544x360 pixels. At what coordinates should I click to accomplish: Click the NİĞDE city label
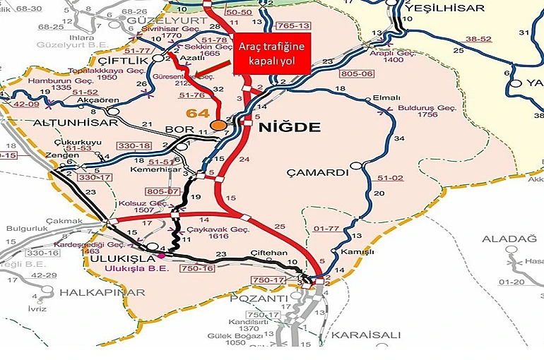point(290,128)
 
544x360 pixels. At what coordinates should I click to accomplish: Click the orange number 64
point(197,113)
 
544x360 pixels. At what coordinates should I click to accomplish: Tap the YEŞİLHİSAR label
point(447,8)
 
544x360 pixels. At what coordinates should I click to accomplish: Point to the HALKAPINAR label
point(93,292)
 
